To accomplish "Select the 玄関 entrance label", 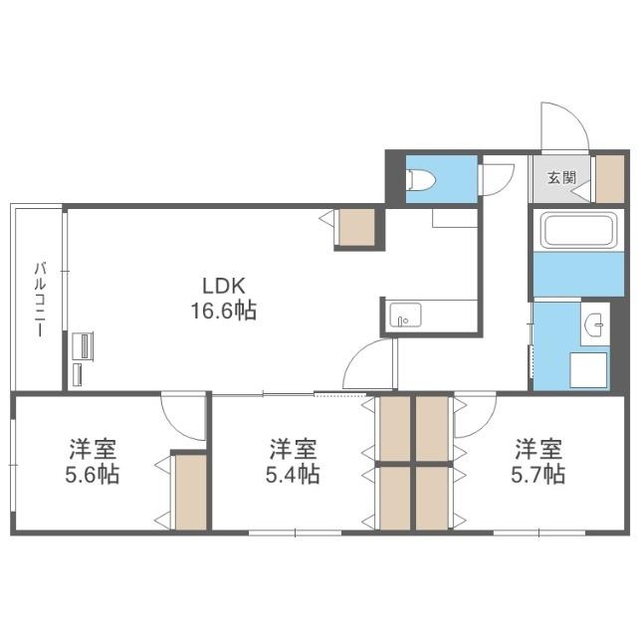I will [560, 179].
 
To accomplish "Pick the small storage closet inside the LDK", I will [355, 228].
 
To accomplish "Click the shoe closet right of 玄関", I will [608, 179].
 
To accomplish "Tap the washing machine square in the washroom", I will [587, 369].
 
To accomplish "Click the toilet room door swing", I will [495, 180].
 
